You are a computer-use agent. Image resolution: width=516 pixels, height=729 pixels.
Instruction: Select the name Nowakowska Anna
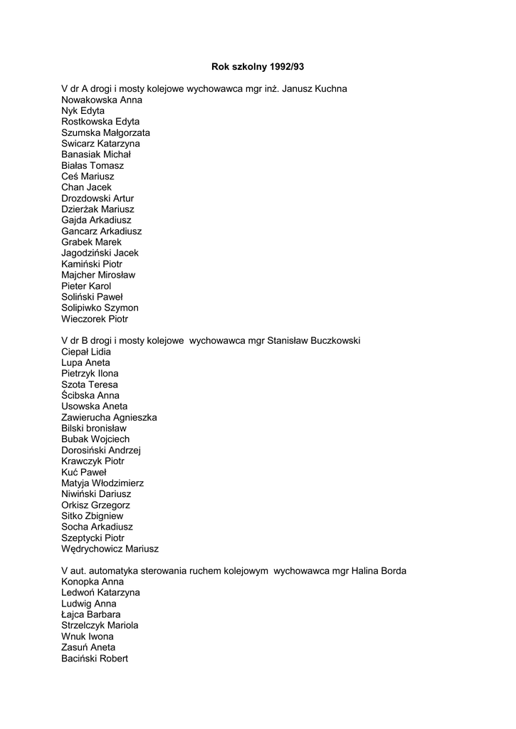point(102,100)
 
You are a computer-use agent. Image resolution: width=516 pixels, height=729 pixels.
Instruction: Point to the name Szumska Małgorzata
point(105,133)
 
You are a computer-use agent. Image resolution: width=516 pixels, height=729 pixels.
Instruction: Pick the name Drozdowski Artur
point(98,199)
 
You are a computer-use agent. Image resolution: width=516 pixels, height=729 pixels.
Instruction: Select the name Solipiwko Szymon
point(100,308)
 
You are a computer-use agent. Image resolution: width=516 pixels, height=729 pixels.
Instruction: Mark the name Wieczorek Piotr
point(95,319)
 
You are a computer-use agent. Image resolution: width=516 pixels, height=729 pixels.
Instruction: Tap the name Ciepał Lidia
point(86,352)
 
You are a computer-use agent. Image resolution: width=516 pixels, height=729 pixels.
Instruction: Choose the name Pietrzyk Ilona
point(90,374)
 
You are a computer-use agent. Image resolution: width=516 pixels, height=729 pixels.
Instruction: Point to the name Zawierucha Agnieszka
point(109,417)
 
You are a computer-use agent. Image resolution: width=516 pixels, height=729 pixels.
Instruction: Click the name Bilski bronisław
point(94,429)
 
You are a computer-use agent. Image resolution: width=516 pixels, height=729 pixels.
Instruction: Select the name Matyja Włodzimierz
point(102,483)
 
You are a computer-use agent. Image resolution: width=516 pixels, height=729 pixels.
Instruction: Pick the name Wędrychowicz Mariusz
point(110,549)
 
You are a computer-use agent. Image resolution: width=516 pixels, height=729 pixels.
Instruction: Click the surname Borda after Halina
point(392,571)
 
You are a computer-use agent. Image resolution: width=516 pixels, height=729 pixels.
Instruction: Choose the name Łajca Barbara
point(90,614)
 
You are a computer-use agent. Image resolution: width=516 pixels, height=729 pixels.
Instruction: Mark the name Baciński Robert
point(95,659)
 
